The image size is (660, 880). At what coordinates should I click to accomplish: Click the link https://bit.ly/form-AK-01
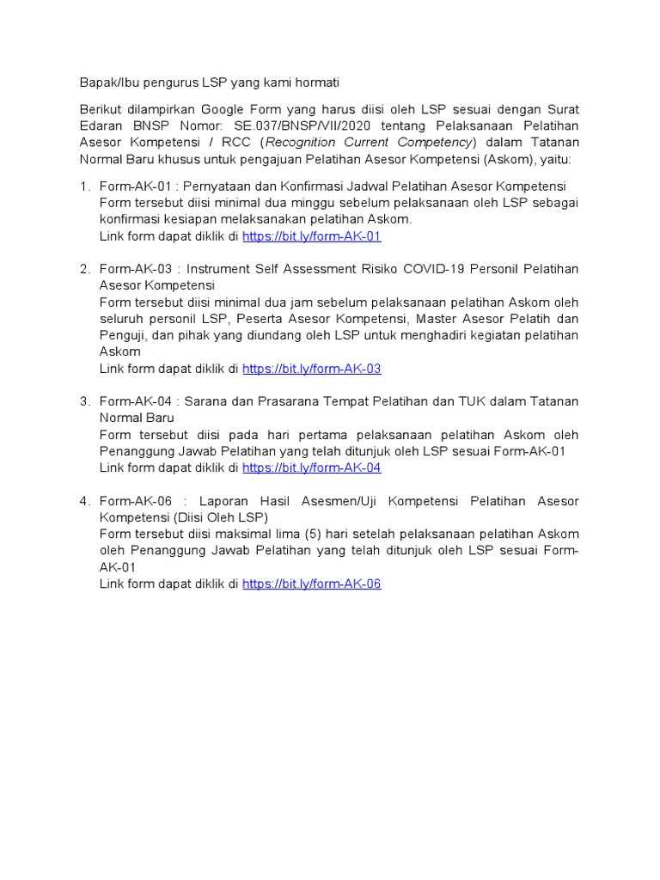311,236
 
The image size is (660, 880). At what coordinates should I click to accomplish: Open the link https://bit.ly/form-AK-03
311,369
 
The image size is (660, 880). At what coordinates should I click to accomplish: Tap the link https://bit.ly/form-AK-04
311,468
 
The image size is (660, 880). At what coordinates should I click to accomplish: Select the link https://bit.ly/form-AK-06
311,584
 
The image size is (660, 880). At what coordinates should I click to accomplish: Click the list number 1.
84,186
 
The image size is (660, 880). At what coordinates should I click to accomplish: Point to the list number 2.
84,269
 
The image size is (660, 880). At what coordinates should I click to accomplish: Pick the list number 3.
84,401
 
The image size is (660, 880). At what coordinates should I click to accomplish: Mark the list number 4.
84,501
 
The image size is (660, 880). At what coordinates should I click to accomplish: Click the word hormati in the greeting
315,82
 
